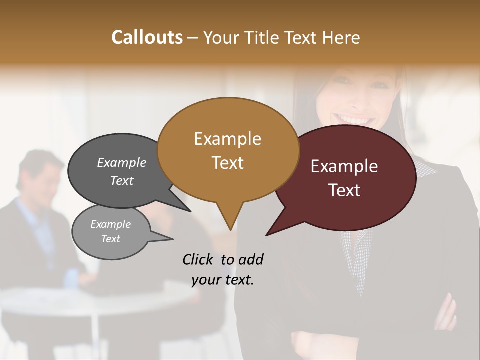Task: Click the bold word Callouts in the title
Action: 147,37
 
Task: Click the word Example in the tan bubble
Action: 227,139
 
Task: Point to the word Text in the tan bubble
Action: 228,163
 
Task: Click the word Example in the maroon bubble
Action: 344,166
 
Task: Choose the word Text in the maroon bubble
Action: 344,190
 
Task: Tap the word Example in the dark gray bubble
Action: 122,162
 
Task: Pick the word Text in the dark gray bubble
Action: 122,180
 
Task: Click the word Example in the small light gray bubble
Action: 111,224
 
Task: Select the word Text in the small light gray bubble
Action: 111,239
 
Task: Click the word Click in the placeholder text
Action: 198,259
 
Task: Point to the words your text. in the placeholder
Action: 223,280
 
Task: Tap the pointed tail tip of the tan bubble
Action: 230,230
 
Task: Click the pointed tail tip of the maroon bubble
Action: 267,235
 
